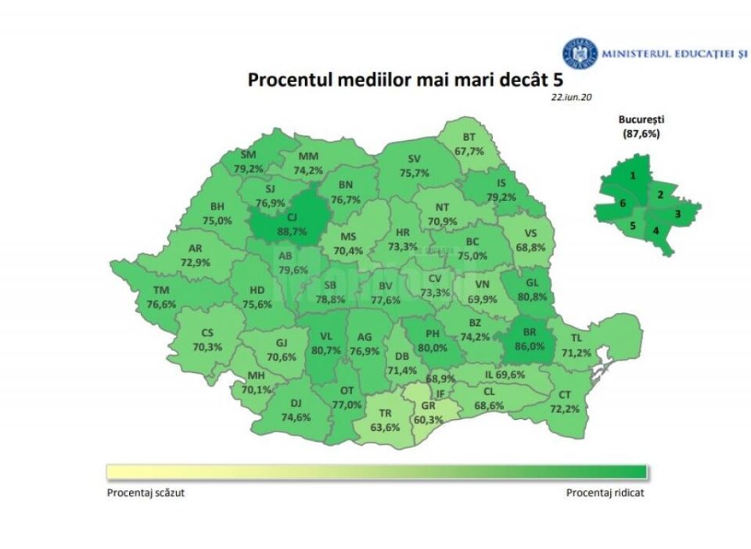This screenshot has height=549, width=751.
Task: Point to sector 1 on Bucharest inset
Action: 632,176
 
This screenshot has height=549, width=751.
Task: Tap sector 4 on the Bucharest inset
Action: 656,230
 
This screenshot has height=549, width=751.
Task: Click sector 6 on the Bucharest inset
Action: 622,203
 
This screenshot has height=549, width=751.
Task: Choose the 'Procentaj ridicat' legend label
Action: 605,493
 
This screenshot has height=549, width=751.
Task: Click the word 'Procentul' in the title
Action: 285,80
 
